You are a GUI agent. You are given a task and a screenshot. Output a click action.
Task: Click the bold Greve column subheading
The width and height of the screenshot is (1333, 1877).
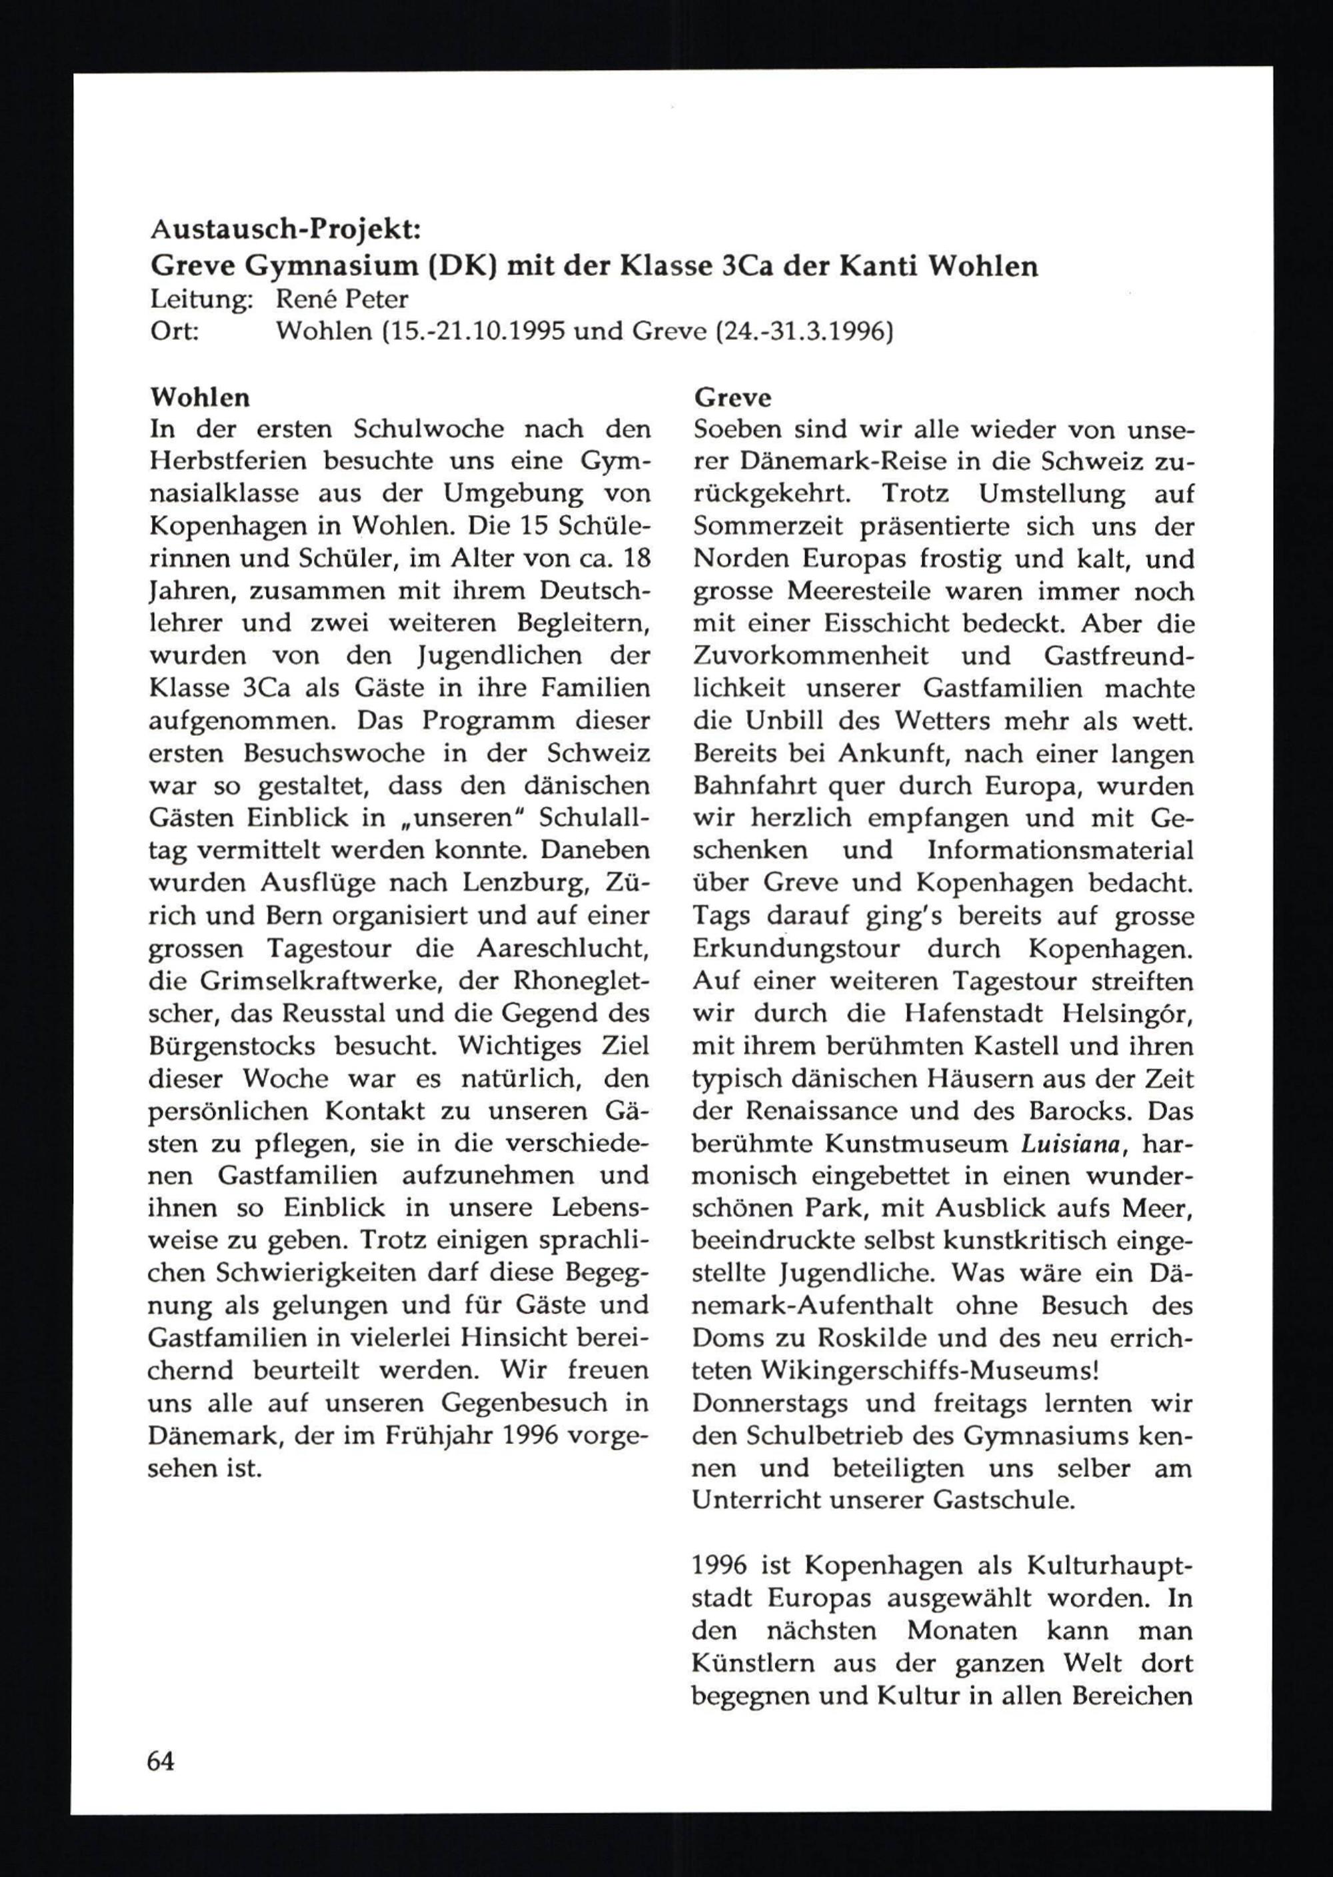pos(732,397)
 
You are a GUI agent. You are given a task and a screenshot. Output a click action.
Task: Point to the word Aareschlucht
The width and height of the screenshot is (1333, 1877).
pos(563,948)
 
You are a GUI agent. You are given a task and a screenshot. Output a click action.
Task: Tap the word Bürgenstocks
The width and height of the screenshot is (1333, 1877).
pos(231,1046)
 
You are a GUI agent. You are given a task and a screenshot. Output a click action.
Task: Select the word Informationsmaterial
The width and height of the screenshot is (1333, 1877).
pos(1060,851)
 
